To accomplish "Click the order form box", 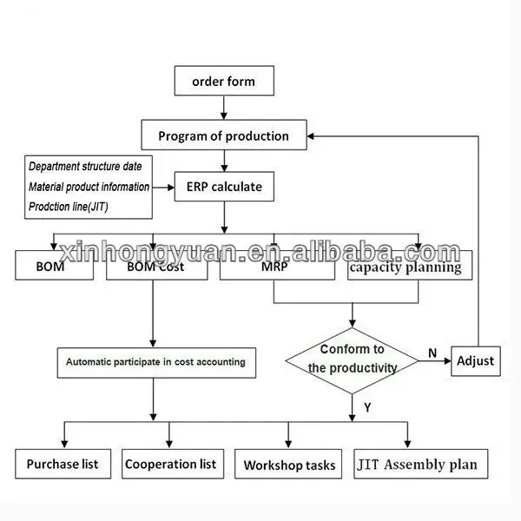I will coord(224,82).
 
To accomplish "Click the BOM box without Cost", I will coord(54,267).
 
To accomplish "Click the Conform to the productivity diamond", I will coord(352,359).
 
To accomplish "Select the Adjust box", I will coord(476,359).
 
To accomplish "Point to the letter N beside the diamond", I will coord(432,353).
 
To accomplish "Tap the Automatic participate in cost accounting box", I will coord(156,361).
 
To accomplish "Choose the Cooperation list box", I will coord(170,463).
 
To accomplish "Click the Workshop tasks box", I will coord(289,465).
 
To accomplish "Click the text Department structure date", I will coord(91,166).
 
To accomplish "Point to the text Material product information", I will coord(89,187).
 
